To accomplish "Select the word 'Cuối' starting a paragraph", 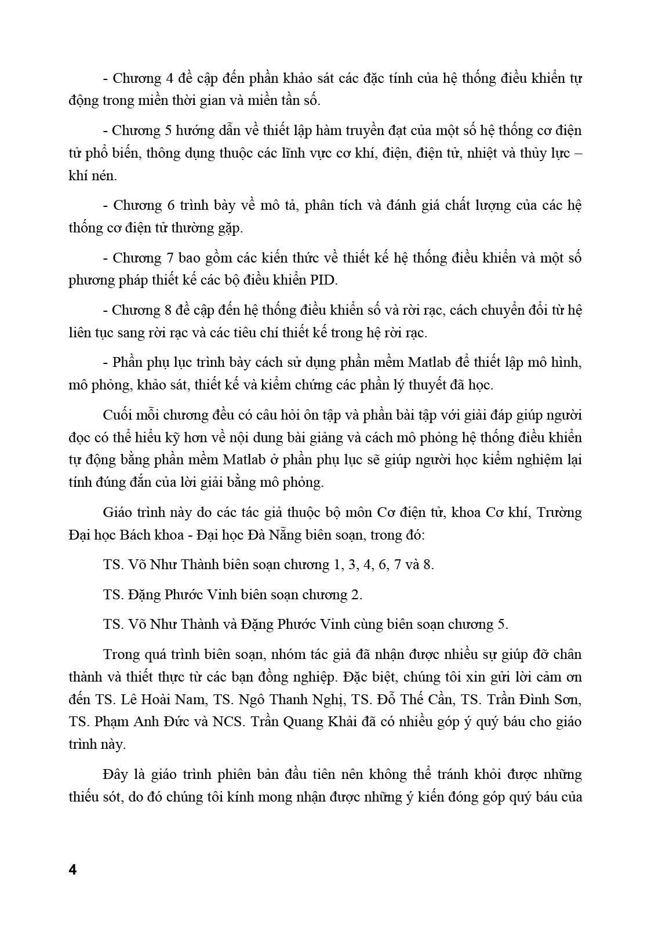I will pos(118,415).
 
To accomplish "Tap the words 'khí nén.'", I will pos(93,176).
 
